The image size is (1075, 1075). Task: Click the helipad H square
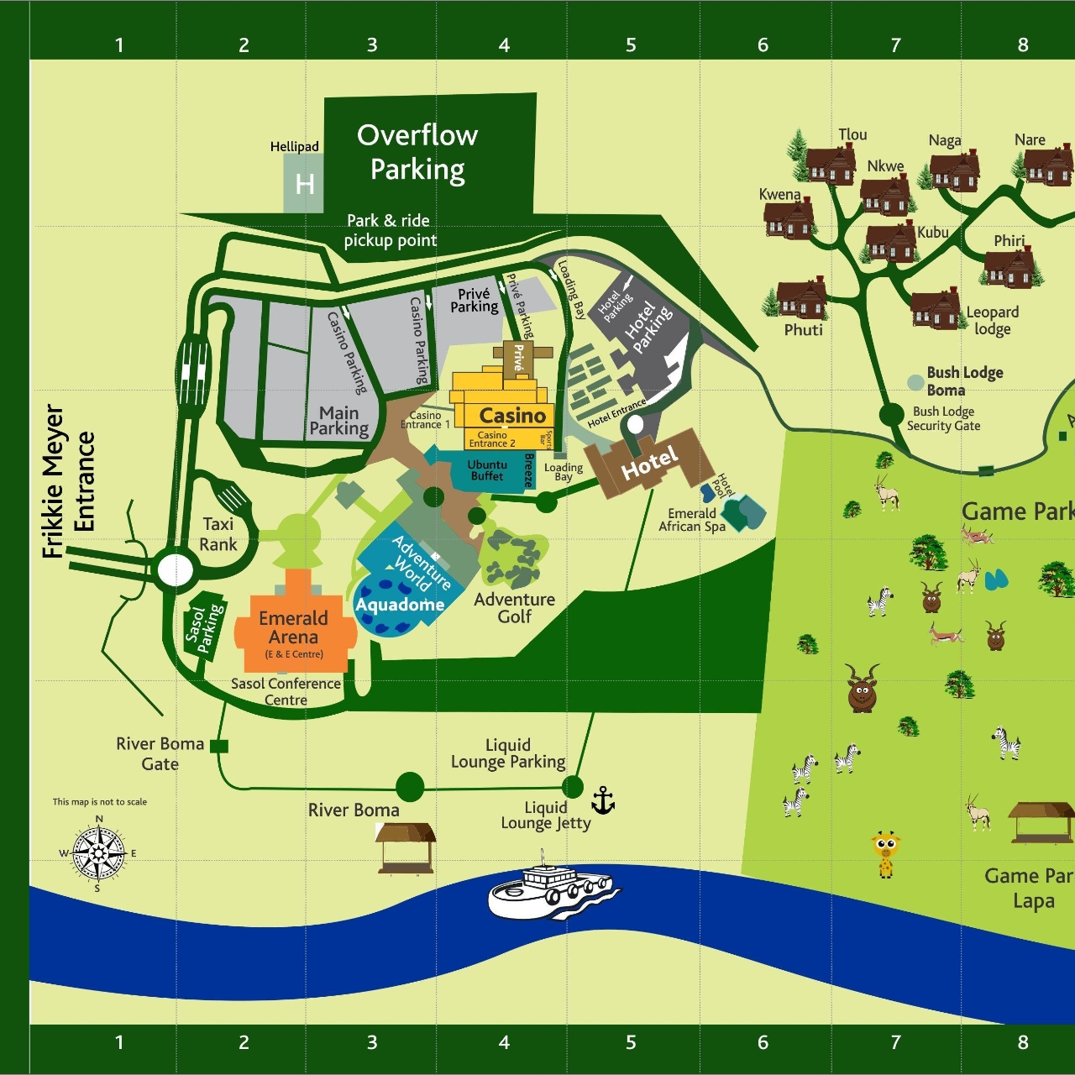coord(303,183)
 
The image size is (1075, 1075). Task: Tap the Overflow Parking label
coord(417,152)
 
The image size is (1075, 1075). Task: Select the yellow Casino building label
coord(512,416)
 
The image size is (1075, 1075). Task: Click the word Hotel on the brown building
coord(649,463)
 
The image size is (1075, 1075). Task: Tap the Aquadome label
coord(400,605)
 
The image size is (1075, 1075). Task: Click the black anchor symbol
coord(603,801)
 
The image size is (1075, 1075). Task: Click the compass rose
coord(98,853)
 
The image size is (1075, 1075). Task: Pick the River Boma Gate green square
coord(218,746)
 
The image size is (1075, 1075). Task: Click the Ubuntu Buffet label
coord(487,470)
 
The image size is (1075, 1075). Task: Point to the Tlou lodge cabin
coord(831,165)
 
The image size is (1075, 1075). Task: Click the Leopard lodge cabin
coord(935,309)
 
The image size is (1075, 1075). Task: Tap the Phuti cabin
coord(801,299)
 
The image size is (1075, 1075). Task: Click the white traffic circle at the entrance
coord(175,569)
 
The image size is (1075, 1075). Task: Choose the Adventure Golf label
coord(514,607)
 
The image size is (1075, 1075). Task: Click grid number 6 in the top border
coord(763,45)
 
